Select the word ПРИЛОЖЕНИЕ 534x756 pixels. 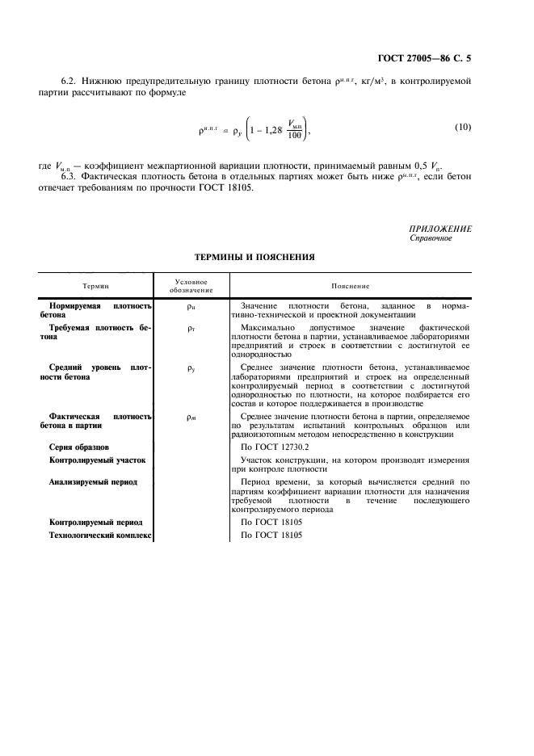tap(440, 229)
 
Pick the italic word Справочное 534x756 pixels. tap(431, 238)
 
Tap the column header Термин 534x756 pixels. tap(95, 286)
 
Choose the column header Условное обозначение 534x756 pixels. tap(191, 286)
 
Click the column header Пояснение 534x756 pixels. tap(351, 286)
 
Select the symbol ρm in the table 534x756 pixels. tap(191, 418)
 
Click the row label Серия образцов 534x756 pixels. tap(79, 446)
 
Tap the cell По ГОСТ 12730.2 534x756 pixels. tap(275, 446)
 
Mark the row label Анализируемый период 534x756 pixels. tap(93, 481)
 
